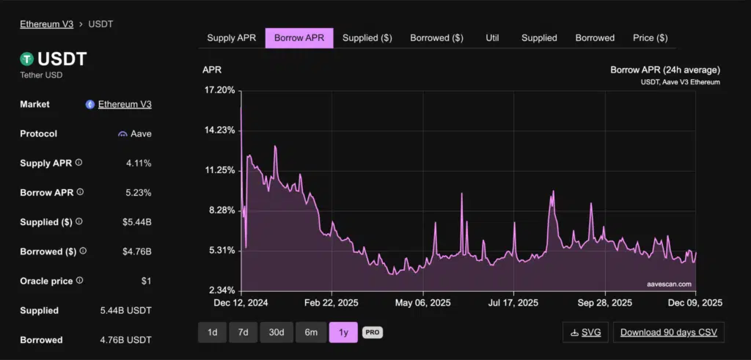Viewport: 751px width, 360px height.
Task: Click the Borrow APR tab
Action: click(x=299, y=38)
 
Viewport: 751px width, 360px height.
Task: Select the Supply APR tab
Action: click(x=231, y=38)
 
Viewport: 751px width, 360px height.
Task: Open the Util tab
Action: click(x=492, y=38)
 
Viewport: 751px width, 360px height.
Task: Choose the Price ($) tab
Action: click(x=650, y=38)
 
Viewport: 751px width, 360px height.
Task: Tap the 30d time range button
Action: click(x=276, y=332)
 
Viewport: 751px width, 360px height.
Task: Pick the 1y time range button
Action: click(x=342, y=332)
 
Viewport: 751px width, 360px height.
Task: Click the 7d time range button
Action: click(x=243, y=332)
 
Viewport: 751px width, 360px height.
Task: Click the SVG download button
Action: click(x=585, y=332)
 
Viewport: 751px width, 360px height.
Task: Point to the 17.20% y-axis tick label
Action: click(x=218, y=90)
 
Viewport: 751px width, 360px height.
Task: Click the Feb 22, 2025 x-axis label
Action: click(x=331, y=302)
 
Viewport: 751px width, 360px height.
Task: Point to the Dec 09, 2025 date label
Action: click(x=695, y=302)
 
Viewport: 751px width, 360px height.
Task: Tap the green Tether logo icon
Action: click(x=27, y=59)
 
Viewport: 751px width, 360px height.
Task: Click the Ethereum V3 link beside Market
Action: click(x=125, y=104)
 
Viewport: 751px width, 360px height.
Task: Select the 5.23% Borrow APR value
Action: click(x=139, y=193)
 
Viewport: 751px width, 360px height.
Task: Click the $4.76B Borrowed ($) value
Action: click(x=136, y=251)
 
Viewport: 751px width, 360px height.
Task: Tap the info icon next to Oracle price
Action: click(x=79, y=280)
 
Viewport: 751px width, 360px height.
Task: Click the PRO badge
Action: click(x=372, y=332)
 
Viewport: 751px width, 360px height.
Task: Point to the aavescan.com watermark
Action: click(x=668, y=283)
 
